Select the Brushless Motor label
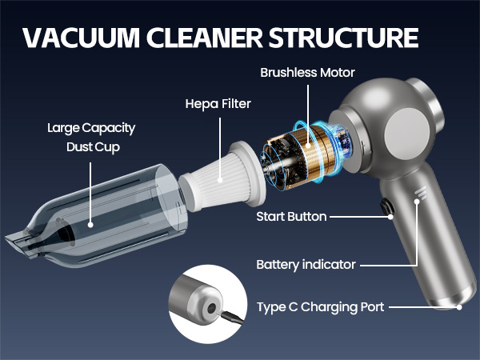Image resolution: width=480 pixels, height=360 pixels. click(308, 73)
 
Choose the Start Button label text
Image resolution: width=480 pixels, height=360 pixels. click(292, 217)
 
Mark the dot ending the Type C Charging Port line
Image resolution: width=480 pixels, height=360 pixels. click(459, 306)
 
